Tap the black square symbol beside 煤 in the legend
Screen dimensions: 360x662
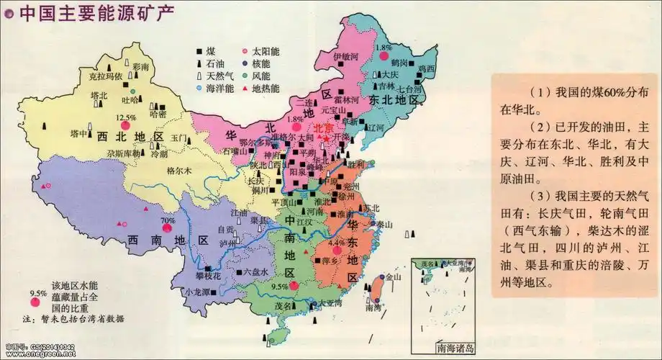(199, 52)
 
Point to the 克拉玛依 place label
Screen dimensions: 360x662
(104, 76)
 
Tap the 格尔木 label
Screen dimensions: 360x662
(178, 171)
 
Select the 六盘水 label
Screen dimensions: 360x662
(255, 272)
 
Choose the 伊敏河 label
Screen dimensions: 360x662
(345, 56)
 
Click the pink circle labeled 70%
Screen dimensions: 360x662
(167, 229)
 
